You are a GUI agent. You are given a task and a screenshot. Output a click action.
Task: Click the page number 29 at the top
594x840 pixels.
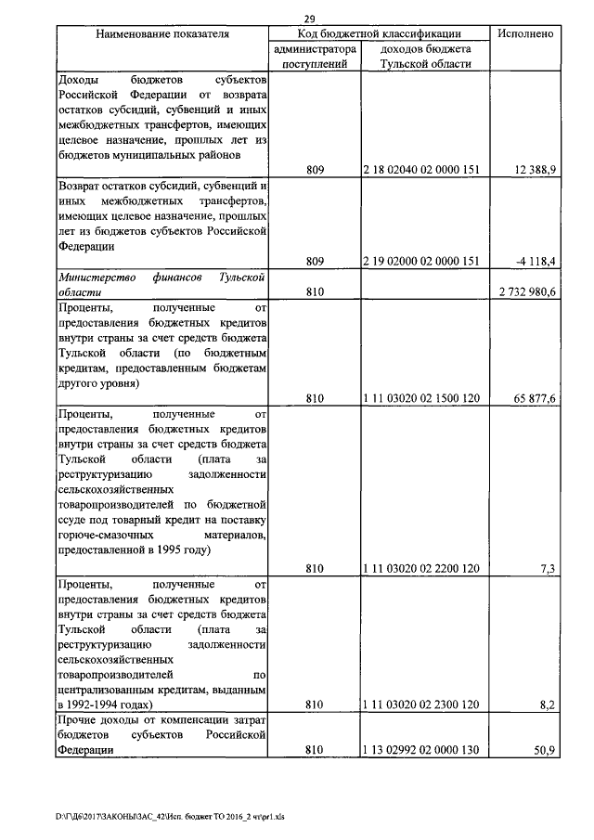point(310,19)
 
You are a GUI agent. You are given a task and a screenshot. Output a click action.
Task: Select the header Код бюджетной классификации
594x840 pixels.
point(380,34)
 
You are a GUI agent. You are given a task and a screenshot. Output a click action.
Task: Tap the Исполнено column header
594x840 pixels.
point(526,34)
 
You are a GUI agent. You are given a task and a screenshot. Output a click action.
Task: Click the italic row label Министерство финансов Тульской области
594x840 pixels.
point(162,284)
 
